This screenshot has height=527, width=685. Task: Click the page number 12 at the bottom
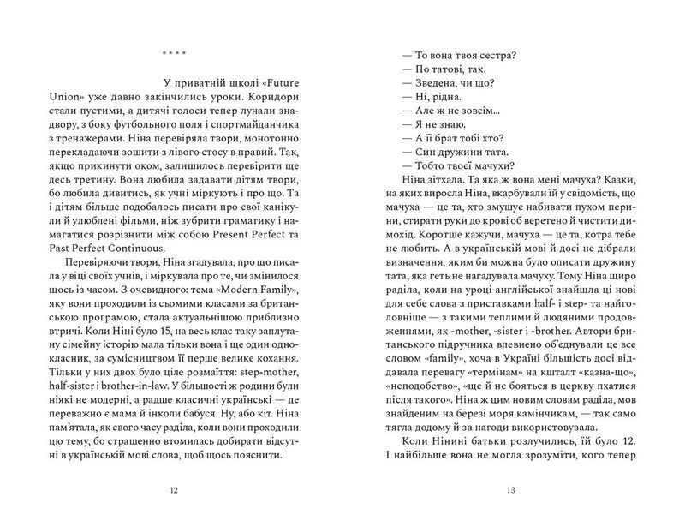[x=175, y=491]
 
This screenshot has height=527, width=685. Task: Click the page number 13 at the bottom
[x=510, y=491]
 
